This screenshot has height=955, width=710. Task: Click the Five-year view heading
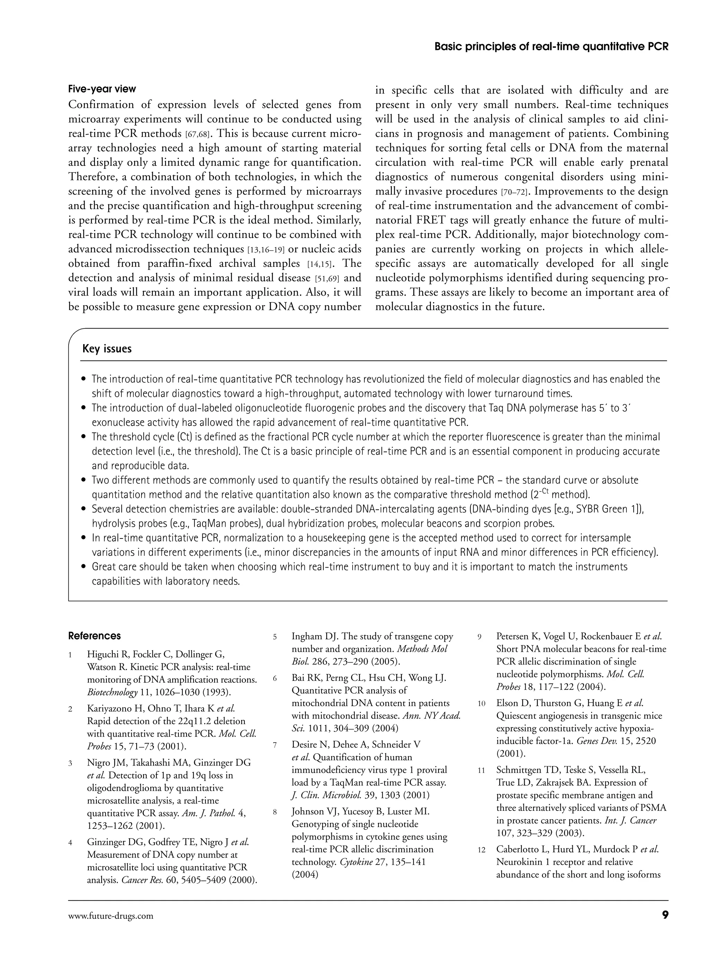102,89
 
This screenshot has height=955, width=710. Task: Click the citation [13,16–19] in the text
267,249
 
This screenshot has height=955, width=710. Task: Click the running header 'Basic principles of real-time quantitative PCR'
552,46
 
